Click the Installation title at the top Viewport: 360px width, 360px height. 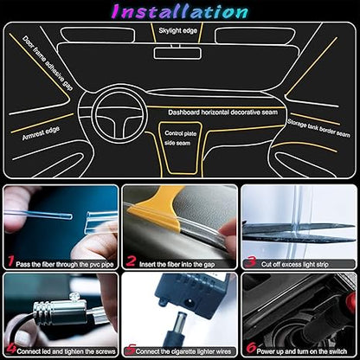(x=179, y=11)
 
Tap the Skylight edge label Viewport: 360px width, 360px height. (x=178, y=30)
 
